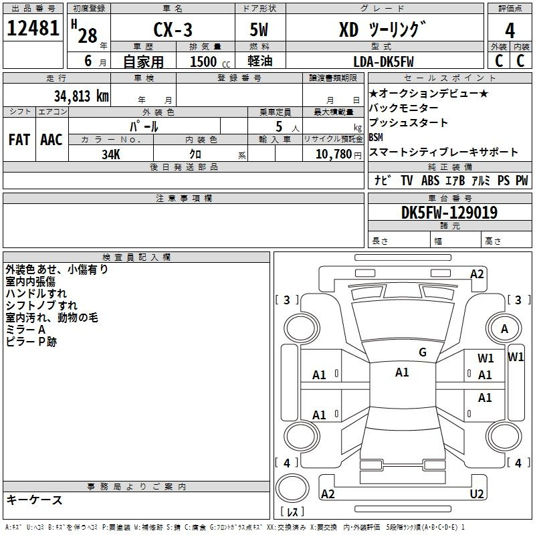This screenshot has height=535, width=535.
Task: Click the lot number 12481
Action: (x=33, y=28)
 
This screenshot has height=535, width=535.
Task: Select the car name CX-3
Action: (x=173, y=29)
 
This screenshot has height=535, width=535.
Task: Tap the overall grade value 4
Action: (x=510, y=31)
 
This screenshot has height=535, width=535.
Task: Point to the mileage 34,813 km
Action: (x=81, y=96)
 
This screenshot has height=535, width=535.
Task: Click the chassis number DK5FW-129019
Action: (x=449, y=213)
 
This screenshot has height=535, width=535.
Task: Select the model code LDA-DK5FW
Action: (x=383, y=62)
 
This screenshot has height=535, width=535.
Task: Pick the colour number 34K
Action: (x=111, y=154)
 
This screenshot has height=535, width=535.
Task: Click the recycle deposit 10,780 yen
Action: (x=338, y=154)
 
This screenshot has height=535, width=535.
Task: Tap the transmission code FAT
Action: (x=19, y=140)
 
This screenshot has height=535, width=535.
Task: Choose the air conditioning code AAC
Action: (x=51, y=140)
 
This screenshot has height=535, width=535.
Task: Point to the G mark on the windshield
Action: (x=423, y=352)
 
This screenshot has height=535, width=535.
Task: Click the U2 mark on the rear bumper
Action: (x=477, y=494)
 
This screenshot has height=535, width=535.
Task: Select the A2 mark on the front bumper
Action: (x=477, y=274)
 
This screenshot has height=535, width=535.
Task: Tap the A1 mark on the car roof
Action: (x=402, y=372)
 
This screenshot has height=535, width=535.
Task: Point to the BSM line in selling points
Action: (x=376, y=137)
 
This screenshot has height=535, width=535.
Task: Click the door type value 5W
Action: (x=259, y=29)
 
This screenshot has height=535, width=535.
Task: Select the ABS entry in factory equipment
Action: (x=430, y=181)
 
